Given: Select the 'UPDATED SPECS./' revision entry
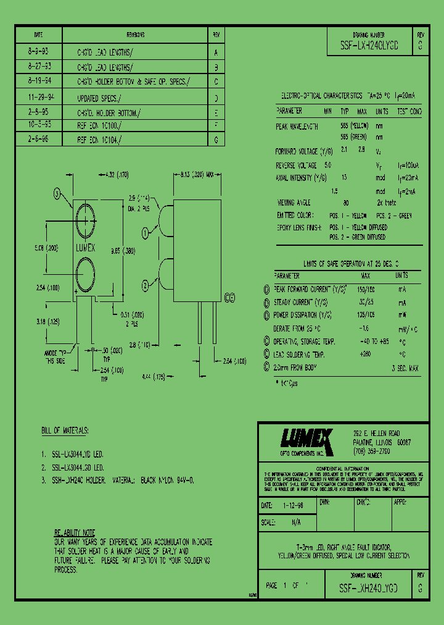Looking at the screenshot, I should tap(99, 98).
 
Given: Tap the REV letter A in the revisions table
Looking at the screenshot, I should tap(216, 52).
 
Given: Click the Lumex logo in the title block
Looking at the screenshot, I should tap(306, 440).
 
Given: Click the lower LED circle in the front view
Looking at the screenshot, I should tap(86, 272).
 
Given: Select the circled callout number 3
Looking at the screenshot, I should tap(57, 194).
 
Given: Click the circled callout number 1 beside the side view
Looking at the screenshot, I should tap(146, 233).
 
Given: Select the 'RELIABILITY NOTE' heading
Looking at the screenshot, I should tap(74, 532).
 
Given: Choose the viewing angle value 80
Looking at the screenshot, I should tap(346, 203).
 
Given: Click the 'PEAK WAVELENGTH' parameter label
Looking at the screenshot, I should tap(297, 126).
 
